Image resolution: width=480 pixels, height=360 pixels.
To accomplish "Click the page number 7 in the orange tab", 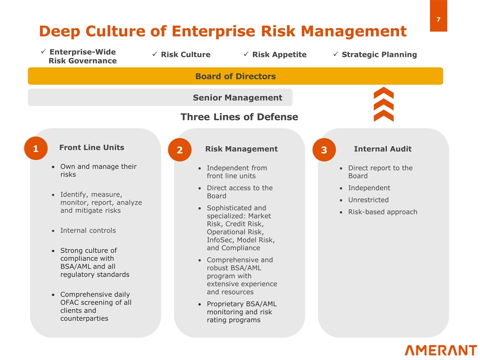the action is click(438, 19).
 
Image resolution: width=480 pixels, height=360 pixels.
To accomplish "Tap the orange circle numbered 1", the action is click(36, 148).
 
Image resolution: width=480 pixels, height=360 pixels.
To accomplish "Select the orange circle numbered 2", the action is click(179, 149).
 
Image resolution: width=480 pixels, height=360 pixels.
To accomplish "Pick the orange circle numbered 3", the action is click(324, 149).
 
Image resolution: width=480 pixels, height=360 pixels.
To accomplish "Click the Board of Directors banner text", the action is click(235, 76).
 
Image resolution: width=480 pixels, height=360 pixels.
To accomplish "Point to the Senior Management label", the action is click(237, 97).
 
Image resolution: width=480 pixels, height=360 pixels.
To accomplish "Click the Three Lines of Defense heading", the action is click(239, 116).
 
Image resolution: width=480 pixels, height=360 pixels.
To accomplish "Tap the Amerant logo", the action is click(441, 350).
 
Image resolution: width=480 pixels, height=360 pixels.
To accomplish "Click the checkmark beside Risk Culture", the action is click(155, 54).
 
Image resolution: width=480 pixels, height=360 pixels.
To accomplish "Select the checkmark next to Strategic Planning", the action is click(336, 54).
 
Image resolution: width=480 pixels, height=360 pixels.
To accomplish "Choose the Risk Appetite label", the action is click(279, 54).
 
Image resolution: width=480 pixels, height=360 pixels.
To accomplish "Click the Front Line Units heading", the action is click(92, 147).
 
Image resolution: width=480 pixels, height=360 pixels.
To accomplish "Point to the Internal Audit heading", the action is click(382, 149).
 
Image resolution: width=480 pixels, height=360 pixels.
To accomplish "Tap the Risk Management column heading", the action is click(241, 149).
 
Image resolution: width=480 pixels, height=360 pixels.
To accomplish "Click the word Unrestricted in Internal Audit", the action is click(368, 200).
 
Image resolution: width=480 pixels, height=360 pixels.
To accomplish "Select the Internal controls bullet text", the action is click(88, 230).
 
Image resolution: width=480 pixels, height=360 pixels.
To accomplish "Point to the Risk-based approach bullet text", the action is click(382, 212).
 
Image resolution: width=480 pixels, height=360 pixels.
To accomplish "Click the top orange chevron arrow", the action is click(383, 93).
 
